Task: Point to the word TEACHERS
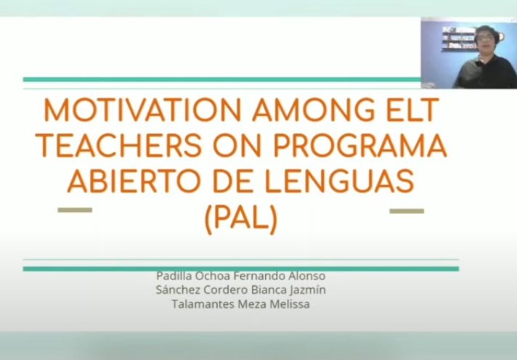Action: (118, 145)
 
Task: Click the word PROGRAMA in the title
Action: (360, 145)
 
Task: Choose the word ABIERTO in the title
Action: (134, 181)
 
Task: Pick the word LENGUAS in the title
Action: (340, 181)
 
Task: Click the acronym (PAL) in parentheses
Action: (241, 218)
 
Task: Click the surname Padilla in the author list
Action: (174, 276)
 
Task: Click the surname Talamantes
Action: (203, 304)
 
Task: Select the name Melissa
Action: (290, 304)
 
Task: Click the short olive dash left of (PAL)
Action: (75, 210)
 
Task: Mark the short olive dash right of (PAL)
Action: (407, 211)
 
